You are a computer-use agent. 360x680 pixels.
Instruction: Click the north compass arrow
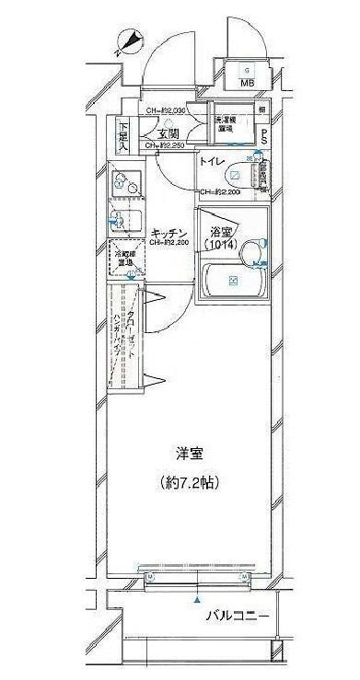coord(130,41)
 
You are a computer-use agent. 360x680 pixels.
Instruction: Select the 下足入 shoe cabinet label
coord(123,134)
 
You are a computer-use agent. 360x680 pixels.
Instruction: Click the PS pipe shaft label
coord(264,135)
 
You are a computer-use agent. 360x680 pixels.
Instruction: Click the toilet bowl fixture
coord(235,175)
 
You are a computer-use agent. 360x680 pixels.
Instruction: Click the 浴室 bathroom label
coord(221,232)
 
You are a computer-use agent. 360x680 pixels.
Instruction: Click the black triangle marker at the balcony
coord(194,600)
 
